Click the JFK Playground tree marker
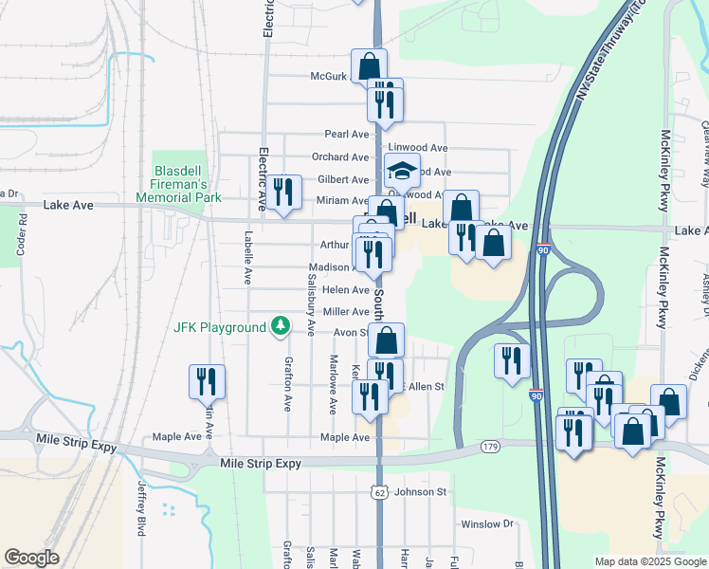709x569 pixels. (x=280, y=327)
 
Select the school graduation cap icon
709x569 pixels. (x=402, y=171)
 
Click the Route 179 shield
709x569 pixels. (x=490, y=445)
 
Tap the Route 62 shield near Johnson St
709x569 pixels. (x=379, y=492)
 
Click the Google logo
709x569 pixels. (x=31, y=558)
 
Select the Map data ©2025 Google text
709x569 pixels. (x=650, y=561)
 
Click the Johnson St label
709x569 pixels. (x=420, y=492)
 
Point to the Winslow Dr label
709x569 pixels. (x=486, y=523)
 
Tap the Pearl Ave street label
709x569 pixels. (x=346, y=135)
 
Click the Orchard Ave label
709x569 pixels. (x=340, y=157)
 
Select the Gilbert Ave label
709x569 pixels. (x=343, y=179)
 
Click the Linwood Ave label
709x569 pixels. (x=418, y=148)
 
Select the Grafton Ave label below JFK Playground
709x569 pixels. (x=287, y=385)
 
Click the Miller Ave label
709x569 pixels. (x=346, y=311)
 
